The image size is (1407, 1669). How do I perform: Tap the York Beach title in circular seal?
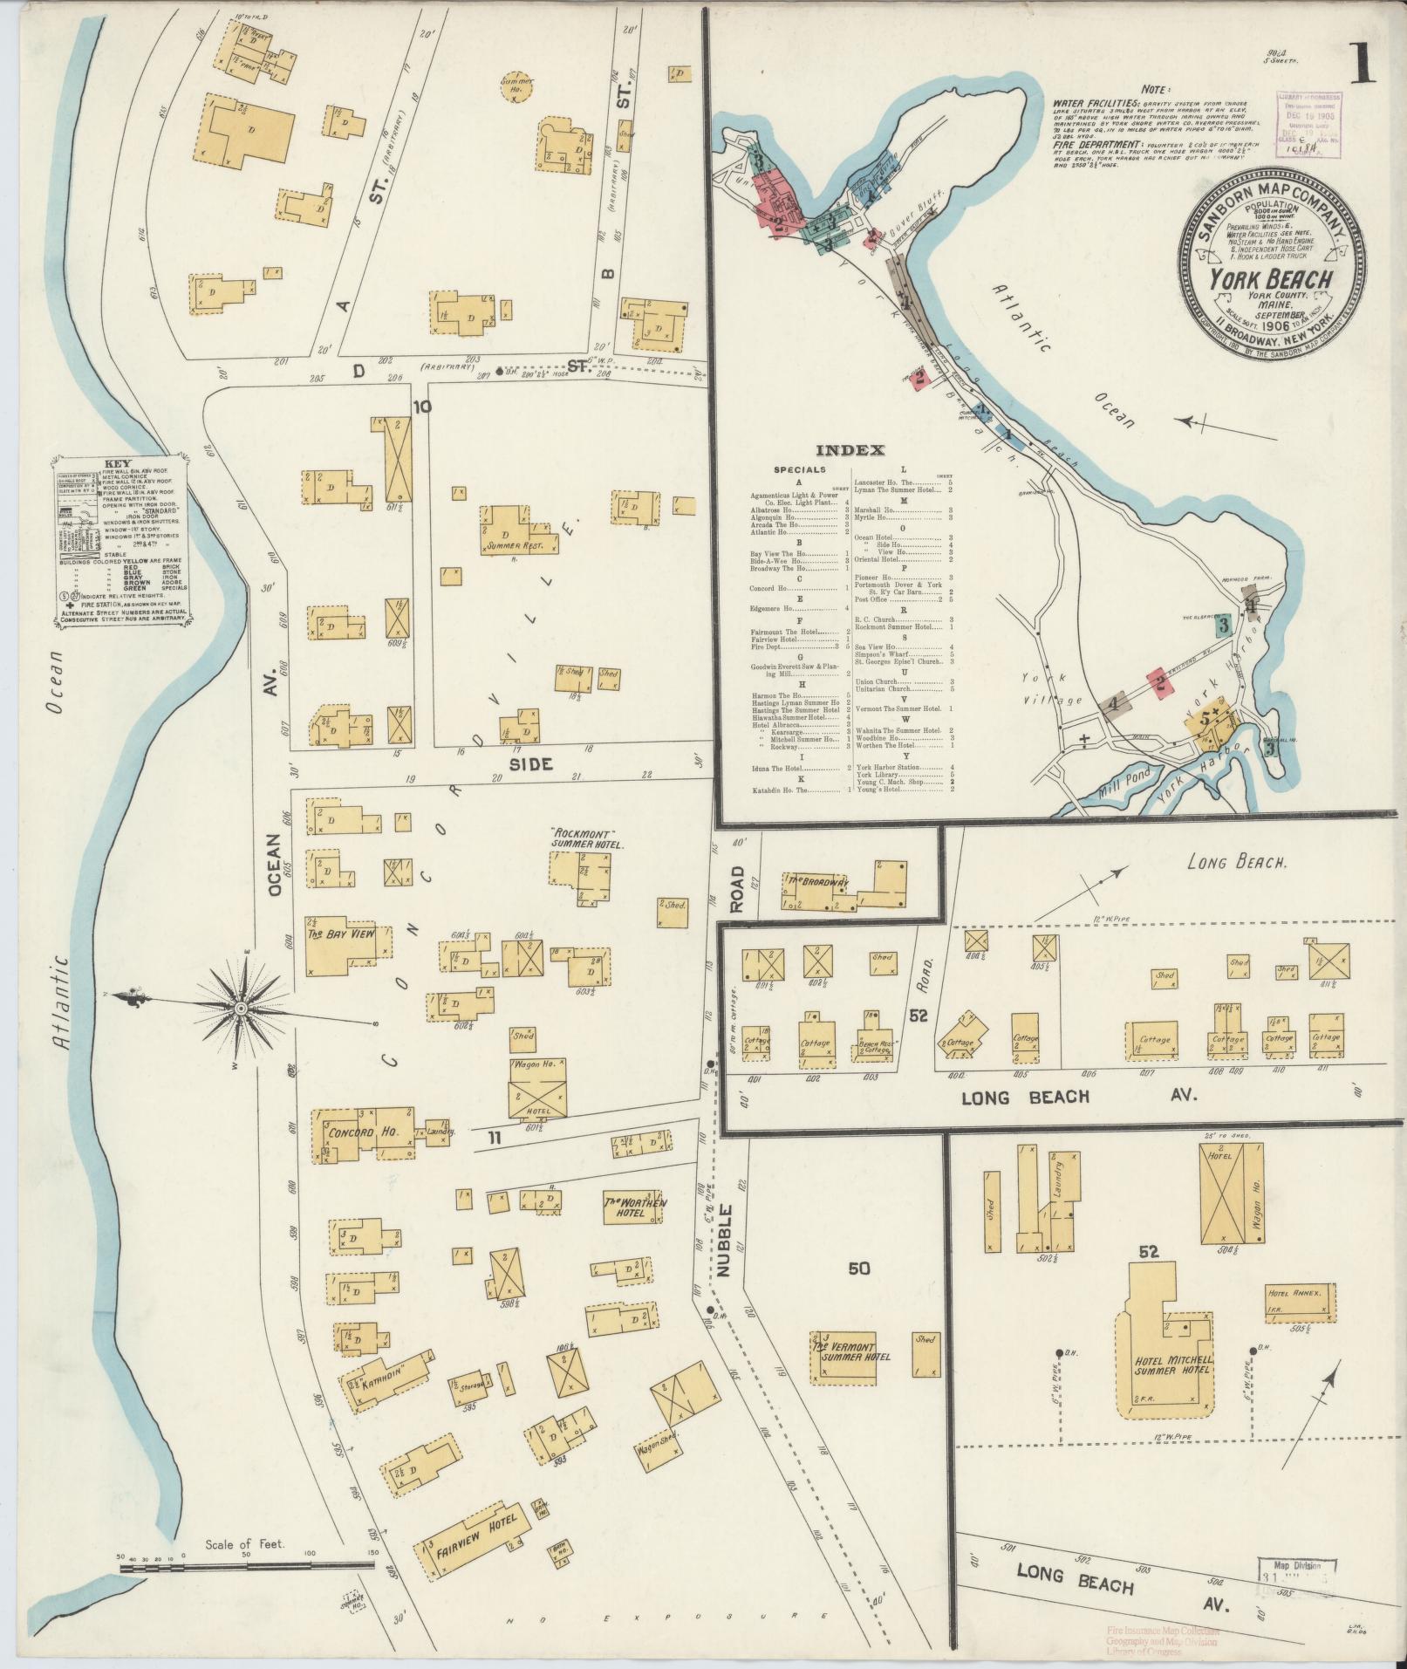[1272, 280]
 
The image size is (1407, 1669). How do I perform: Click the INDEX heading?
[850, 450]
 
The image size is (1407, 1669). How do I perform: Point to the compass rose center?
[241, 1009]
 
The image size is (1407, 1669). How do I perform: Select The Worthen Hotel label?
[635, 1207]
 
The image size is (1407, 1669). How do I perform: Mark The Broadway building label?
[818, 882]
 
